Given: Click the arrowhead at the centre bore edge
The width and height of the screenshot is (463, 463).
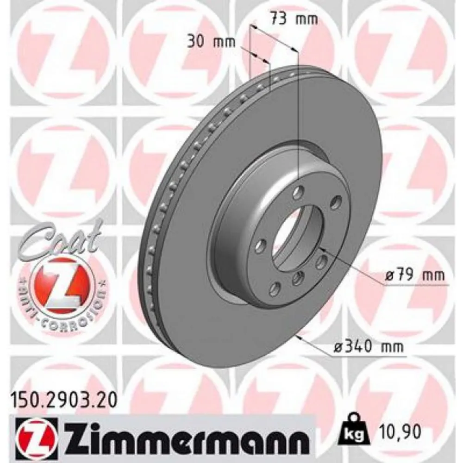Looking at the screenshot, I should click(324, 250).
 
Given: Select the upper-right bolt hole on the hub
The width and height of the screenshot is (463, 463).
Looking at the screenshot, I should click(337, 202).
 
